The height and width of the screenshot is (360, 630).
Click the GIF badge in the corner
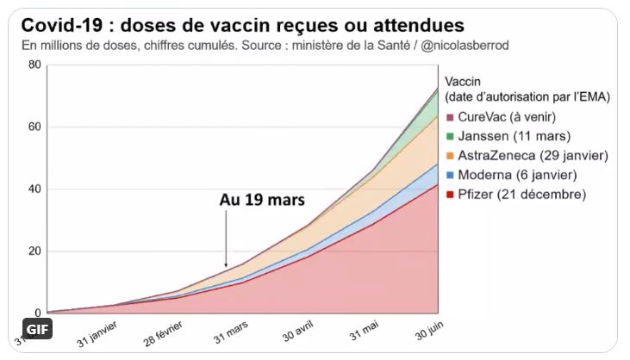coord(37,331)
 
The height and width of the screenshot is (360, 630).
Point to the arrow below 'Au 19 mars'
coord(226,240)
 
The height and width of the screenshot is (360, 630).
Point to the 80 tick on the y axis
coord(34,65)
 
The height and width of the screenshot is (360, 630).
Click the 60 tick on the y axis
coord(34,127)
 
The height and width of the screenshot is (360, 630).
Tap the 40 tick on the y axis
coord(34,189)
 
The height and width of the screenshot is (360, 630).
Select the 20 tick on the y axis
coord(34,251)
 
